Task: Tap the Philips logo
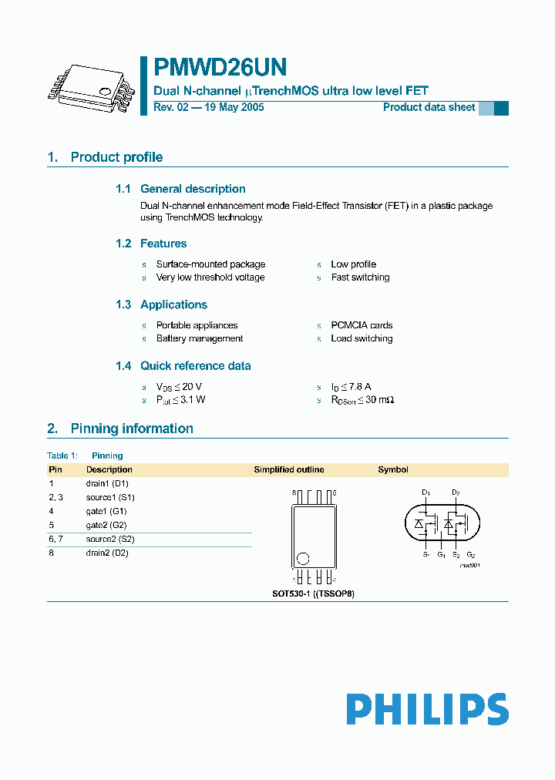coord(426,709)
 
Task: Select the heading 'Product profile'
coord(116,157)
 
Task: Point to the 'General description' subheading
coord(193,189)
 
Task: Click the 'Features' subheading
coord(163,244)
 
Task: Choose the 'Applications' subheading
coord(173,304)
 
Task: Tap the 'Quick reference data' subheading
coord(195,366)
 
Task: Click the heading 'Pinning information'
coord(132,429)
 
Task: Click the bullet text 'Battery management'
coord(200,338)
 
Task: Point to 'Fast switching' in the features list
coord(360,277)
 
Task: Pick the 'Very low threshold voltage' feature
coord(210,277)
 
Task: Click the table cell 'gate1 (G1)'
coord(106,511)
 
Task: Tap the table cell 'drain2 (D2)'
coord(107,553)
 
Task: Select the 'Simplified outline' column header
coord(289,469)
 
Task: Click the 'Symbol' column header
coord(393,469)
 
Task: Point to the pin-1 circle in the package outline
coord(304,558)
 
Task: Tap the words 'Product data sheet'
coord(429,107)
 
